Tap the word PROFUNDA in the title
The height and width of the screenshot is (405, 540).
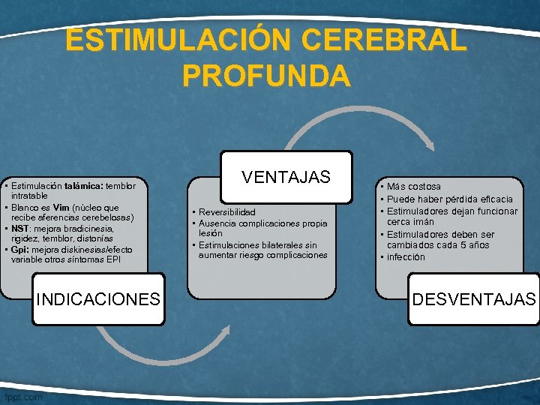pyautogui.click(x=265, y=75)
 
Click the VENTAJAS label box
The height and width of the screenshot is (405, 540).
pyautogui.click(x=286, y=177)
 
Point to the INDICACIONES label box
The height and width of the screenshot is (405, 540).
pyautogui.click(x=98, y=299)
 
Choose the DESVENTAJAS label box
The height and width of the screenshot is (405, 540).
pyautogui.click(x=474, y=299)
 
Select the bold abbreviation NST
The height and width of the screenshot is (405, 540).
pyautogui.click(x=21, y=229)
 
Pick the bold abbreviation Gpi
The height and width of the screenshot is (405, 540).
pyautogui.click(x=19, y=249)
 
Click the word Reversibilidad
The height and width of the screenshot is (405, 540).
pyautogui.click(x=227, y=212)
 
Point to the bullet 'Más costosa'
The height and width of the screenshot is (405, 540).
pyautogui.click(x=414, y=186)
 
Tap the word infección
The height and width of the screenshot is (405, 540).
pyautogui.click(x=406, y=257)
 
